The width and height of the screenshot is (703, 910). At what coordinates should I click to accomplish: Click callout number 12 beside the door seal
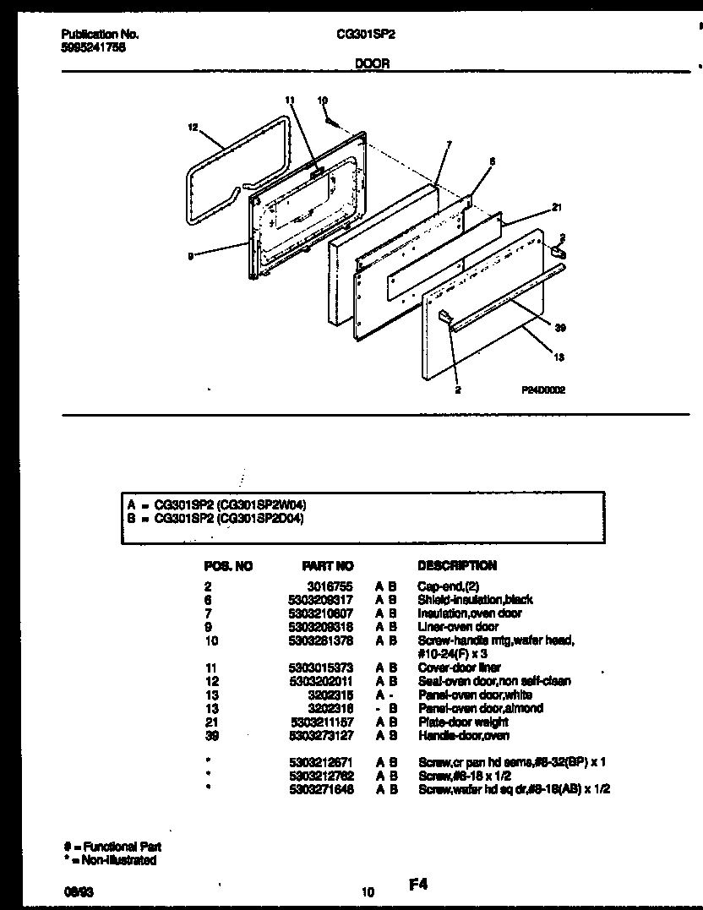coord(193,128)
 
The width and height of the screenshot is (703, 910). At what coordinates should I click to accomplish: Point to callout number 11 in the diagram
coord(290,101)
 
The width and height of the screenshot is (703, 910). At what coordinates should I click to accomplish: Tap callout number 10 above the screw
coord(322,101)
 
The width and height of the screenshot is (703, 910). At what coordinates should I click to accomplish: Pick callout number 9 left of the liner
coord(191,257)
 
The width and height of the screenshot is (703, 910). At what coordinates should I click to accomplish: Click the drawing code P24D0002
coord(543,390)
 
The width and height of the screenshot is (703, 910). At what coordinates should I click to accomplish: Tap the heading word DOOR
coord(372,63)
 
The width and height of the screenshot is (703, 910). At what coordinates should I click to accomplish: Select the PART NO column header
coord(327,565)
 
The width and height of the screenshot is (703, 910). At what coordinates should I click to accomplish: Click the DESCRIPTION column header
coord(457,565)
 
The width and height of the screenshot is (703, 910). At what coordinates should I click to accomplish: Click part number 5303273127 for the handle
coord(327,736)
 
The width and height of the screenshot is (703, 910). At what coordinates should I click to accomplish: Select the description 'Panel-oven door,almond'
coord(480,708)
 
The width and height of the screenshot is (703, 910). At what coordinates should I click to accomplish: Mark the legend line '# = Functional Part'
coord(112,847)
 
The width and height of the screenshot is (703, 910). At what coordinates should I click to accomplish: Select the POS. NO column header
coord(228,565)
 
